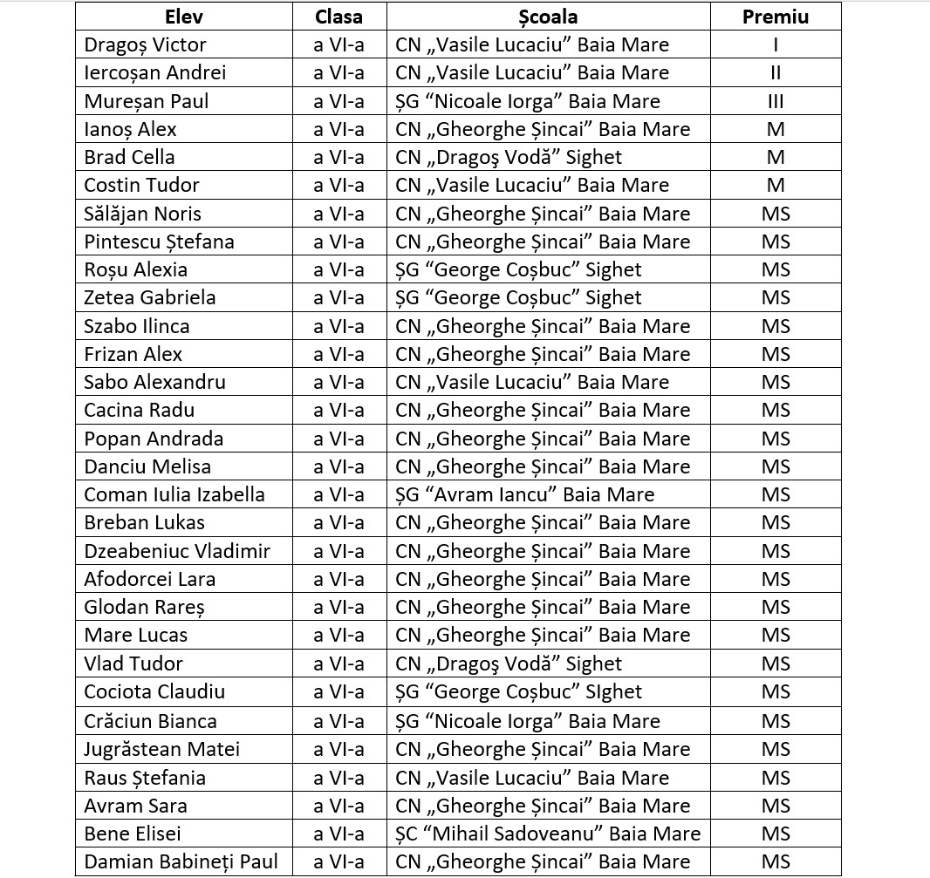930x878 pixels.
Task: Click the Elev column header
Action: click(183, 17)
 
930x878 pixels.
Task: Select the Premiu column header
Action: click(775, 17)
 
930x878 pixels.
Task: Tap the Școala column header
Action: click(547, 17)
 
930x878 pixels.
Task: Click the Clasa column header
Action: click(338, 17)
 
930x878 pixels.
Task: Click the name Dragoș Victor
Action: click(145, 44)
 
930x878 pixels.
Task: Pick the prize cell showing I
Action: click(775, 44)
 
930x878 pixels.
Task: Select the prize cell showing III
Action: click(775, 101)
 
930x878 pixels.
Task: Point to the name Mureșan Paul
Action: click(146, 101)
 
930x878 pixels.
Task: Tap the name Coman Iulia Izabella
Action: click(174, 494)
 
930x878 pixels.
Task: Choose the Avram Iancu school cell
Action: click(524, 494)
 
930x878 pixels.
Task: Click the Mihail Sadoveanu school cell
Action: click(547, 834)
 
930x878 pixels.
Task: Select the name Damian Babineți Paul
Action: click(181, 861)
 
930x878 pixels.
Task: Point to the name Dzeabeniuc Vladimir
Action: click(177, 551)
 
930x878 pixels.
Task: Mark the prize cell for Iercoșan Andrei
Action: click(775, 72)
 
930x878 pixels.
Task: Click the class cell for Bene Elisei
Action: click(338, 834)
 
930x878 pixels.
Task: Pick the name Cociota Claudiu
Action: click(154, 691)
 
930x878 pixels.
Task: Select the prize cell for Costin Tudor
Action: click(775, 185)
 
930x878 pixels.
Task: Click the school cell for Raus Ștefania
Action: click(532, 777)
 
